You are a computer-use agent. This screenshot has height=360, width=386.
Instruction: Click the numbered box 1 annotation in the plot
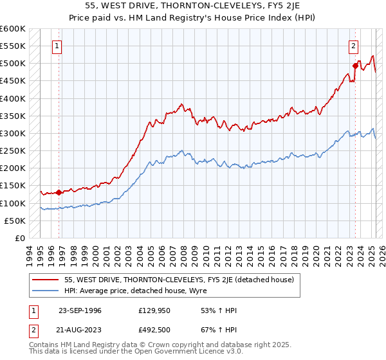[58, 46]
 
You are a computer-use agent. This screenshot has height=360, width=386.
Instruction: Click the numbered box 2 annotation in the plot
[354, 46]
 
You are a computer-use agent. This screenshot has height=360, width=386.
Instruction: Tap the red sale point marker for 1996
[59, 192]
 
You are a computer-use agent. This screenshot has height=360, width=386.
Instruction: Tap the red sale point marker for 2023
[355, 66]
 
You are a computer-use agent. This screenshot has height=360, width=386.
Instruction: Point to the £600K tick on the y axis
[12, 29]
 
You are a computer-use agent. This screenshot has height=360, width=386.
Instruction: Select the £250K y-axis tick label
[12, 151]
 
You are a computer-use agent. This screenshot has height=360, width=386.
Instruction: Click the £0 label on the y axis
[19, 238]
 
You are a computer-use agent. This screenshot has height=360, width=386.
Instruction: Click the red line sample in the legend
[46, 280]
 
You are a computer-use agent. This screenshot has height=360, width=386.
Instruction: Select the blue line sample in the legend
[46, 291]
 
